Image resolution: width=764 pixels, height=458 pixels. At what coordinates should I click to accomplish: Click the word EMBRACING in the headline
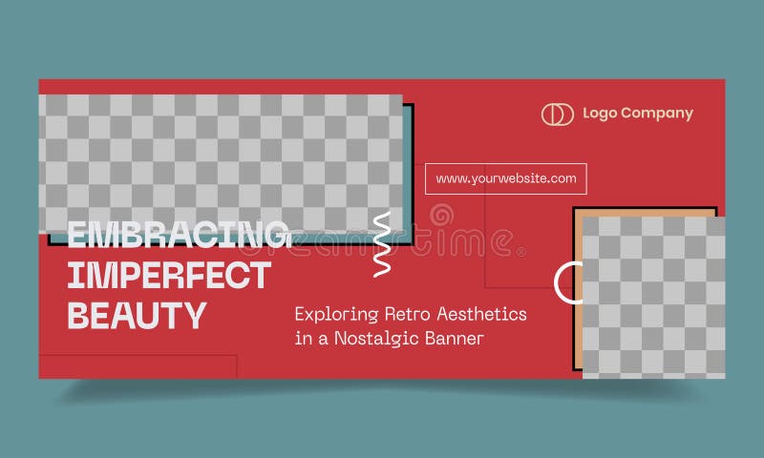click(x=179, y=234)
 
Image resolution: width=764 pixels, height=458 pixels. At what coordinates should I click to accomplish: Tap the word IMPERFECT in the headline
click(x=169, y=275)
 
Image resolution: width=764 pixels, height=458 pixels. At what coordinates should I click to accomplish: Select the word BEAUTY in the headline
click(x=137, y=315)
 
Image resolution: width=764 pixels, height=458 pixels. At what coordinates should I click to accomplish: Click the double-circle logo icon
click(x=557, y=114)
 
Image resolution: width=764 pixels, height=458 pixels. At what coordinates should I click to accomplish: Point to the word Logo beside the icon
click(x=600, y=114)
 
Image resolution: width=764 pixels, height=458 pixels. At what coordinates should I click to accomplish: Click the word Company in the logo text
click(x=657, y=114)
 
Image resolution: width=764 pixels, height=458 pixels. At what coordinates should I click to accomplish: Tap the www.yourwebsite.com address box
click(x=506, y=178)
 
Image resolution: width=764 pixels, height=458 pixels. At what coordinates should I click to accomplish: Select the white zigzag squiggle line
click(x=382, y=244)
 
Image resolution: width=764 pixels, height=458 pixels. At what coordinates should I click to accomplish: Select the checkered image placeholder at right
click(x=653, y=296)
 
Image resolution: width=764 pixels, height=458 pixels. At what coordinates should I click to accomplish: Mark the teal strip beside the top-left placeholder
click(x=409, y=172)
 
